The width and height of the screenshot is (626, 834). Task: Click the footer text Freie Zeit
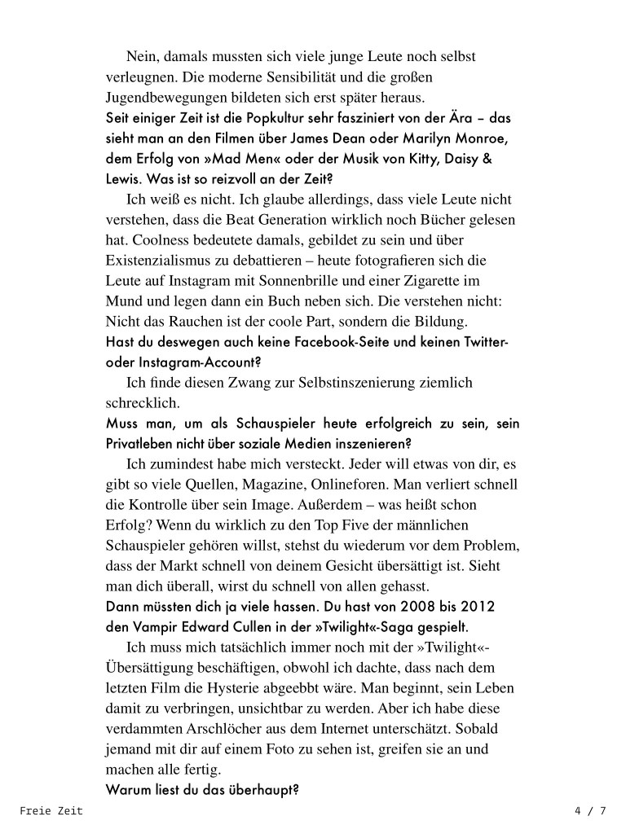pos(51,811)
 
